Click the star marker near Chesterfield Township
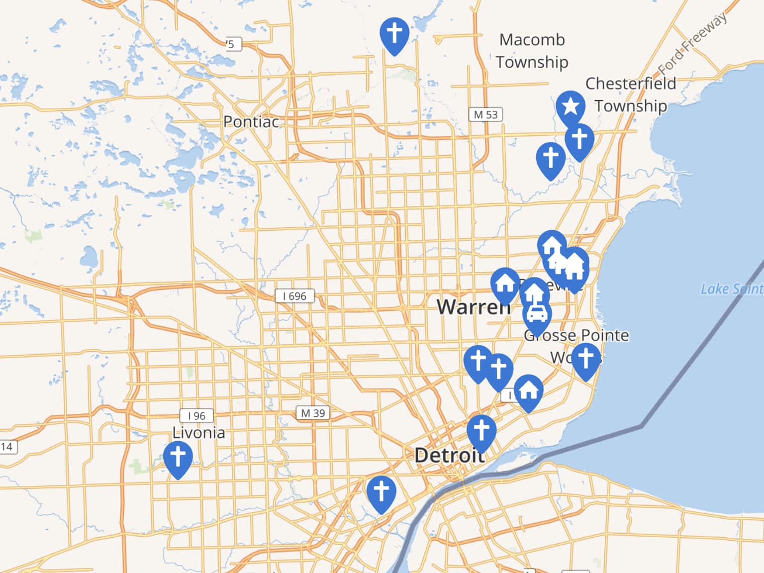pos(570,106)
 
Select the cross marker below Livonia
pos(178,456)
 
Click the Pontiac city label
pos(251,121)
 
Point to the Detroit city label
pos(449,455)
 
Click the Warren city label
pos(473,307)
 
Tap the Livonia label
pos(198,433)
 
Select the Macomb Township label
pos(532,51)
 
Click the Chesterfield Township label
pos(630,95)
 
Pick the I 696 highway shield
pos(295,296)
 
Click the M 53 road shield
pos(485,114)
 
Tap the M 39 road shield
pos(313,413)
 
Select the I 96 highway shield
pos(196,415)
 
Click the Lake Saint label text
pos(731,289)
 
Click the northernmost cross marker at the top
pos(394,33)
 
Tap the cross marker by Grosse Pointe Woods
pos(585,358)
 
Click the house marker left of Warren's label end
pos(505,284)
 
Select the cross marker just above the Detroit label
pos(481,430)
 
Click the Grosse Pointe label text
pos(576,335)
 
